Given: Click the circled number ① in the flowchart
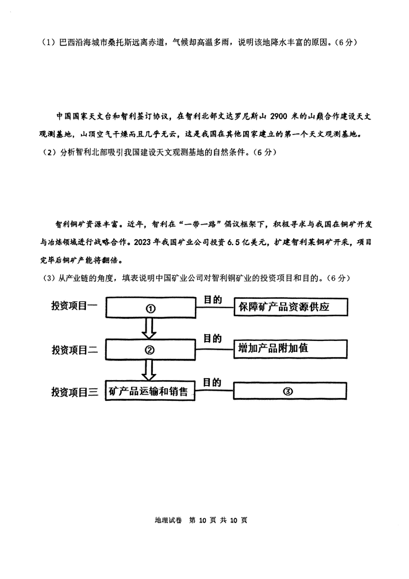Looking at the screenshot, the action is click(150, 309).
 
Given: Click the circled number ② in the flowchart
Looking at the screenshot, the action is click(150, 350).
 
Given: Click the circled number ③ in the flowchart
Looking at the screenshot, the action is click(288, 391).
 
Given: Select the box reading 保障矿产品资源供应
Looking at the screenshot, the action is click(291, 307).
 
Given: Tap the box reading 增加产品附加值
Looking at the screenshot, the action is click(290, 349).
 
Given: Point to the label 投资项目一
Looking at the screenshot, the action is click(74, 306).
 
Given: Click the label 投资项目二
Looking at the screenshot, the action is click(75, 350).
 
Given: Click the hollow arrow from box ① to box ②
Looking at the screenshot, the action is click(149, 328).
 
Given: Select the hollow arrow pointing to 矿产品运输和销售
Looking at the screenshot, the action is click(149, 370).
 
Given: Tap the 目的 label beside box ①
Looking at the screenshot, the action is click(213, 300).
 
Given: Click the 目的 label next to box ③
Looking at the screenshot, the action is click(212, 383).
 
